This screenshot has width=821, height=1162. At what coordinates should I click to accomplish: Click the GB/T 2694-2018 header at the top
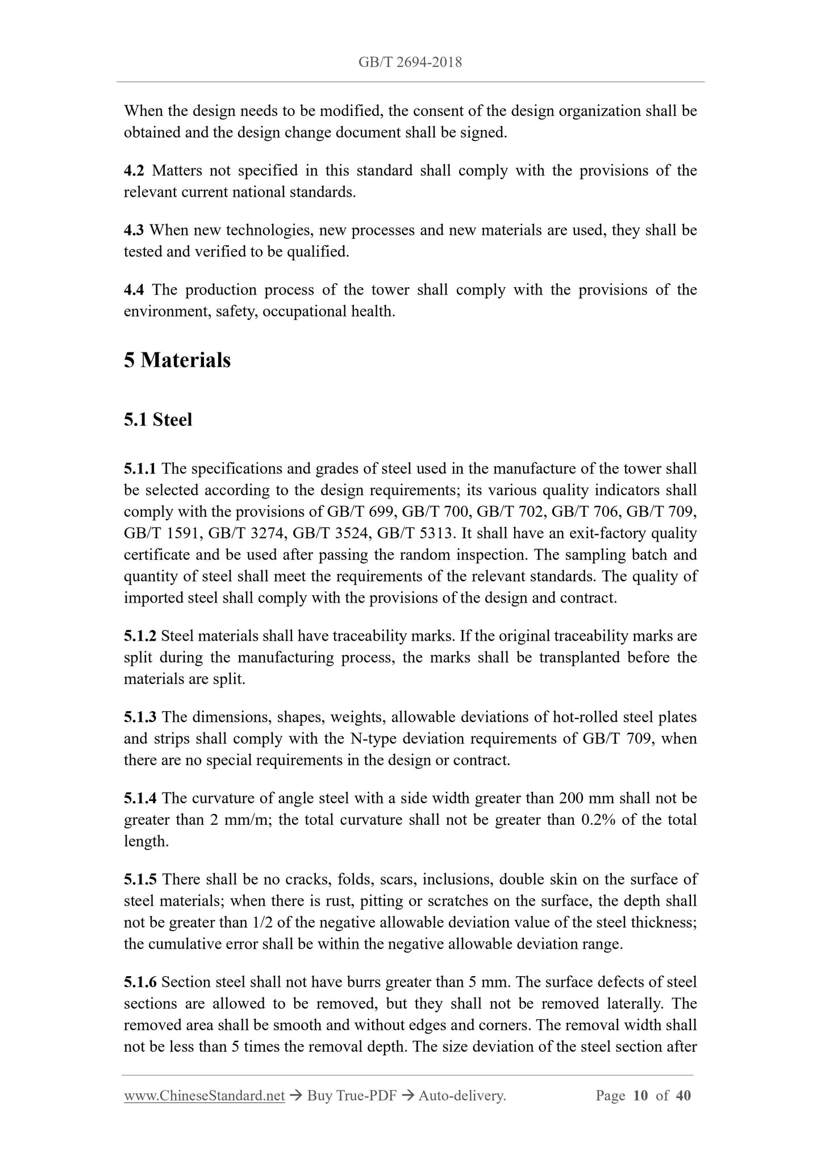click(410, 62)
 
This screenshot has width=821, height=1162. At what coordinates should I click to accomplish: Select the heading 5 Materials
click(177, 360)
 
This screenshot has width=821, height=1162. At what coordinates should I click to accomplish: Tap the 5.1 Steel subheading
click(158, 420)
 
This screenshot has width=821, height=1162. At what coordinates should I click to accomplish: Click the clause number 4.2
click(134, 171)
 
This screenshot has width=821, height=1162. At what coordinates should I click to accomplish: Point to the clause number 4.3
click(134, 230)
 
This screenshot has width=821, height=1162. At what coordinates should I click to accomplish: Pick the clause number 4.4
click(134, 290)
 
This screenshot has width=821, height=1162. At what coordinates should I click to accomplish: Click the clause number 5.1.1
click(140, 469)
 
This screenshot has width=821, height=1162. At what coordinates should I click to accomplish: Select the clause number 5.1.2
click(140, 636)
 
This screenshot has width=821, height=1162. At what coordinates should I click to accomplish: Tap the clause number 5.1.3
click(140, 717)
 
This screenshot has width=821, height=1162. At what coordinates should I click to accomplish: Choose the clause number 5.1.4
click(140, 799)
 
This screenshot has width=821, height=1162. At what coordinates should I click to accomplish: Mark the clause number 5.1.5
click(140, 880)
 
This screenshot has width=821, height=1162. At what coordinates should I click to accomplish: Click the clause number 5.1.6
click(140, 982)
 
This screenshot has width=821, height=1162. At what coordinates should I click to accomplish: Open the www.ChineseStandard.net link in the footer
click(204, 1095)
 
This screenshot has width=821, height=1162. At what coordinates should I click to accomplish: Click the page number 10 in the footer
click(640, 1095)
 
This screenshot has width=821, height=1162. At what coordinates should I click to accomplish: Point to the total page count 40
click(684, 1095)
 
